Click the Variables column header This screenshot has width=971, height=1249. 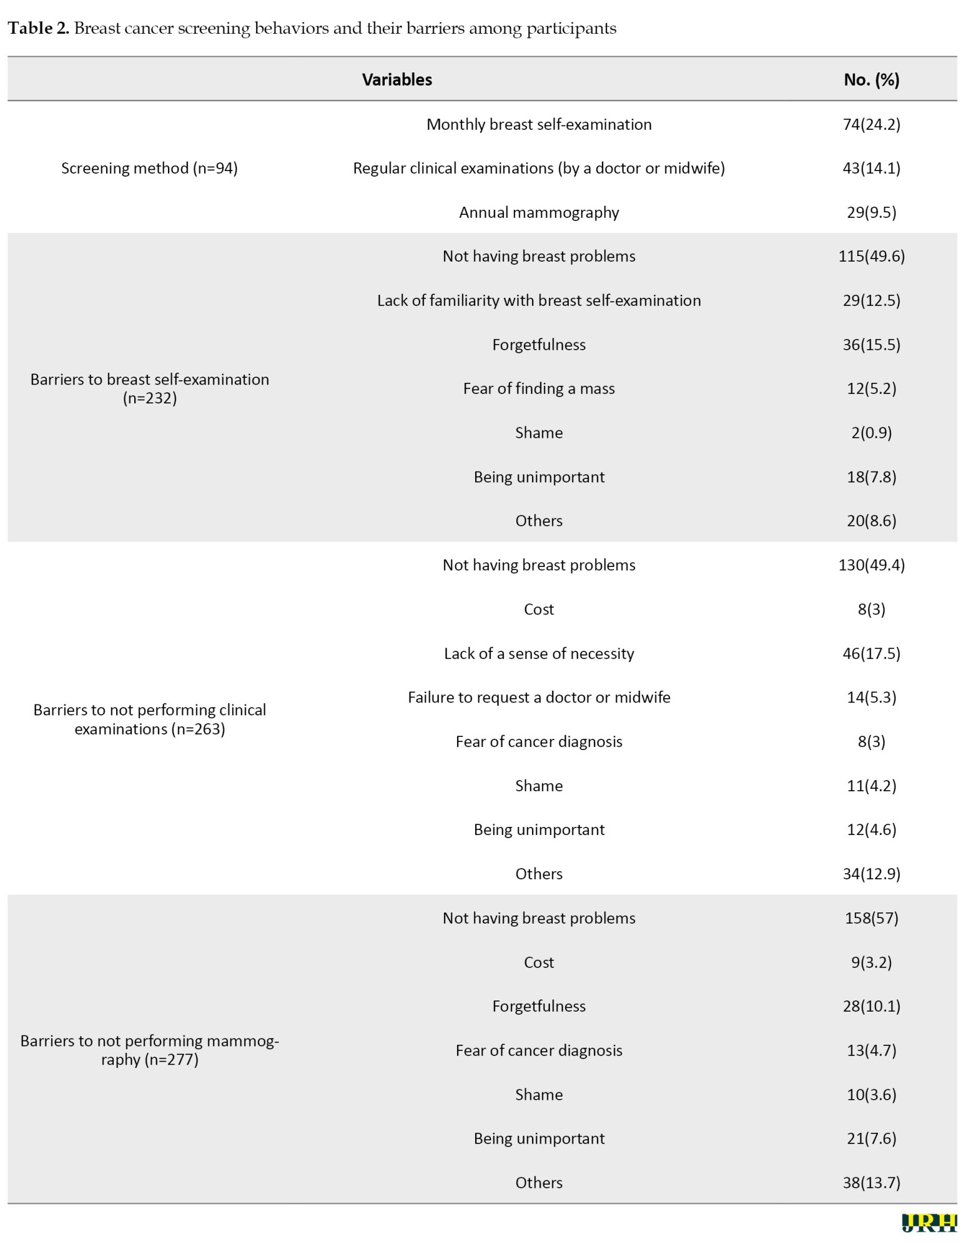[x=397, y=79]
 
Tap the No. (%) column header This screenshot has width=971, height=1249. [x=871, y=79]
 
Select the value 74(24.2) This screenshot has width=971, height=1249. [x=871, y=124]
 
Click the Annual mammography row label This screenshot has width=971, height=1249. [x=539, y=212]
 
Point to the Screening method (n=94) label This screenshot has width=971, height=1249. [x=149, y=168]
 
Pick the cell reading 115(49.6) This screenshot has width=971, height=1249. [x=871, y=256]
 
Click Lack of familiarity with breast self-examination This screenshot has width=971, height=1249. [x=539, y=300]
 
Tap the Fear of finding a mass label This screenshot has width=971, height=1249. [x=539, y=388]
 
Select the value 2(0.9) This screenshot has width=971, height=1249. [x=871, y=433]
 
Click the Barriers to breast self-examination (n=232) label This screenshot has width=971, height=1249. [x=149, y=388]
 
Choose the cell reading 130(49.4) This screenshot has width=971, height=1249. [x=871, y=565]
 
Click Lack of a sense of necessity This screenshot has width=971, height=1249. [x=539, y=653]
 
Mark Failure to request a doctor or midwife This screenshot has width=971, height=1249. [x=539, y=697]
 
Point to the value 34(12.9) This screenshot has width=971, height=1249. [x=871, y=874]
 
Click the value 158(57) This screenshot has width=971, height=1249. [x=871, y=918]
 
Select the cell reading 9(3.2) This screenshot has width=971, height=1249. [x=871, y=962]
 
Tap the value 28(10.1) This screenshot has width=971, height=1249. [x=871, y=1006]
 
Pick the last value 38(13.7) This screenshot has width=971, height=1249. [x=871, y=1183]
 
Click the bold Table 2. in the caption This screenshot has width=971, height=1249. [x=38, y=28]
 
